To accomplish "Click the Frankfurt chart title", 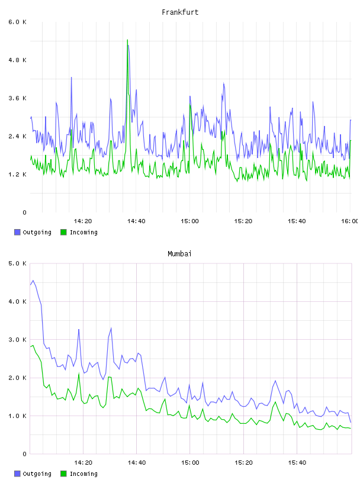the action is click(180, 12).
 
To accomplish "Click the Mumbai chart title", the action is click(179, 254).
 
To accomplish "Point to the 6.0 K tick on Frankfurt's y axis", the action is click(17, 22).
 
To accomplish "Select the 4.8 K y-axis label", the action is click(17, 60).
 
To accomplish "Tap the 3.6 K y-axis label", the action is click(17, 98).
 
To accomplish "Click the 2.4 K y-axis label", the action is click(17, 137).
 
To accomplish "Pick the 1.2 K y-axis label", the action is click(17, 175).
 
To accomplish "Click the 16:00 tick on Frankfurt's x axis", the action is click(350, 221).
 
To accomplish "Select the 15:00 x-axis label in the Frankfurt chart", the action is click(190, 221).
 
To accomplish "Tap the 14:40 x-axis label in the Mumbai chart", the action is click(137, 463).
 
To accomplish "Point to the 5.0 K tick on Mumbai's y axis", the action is click(17, 263).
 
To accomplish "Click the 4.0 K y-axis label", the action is click(17, 301).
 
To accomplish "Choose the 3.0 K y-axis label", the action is click(17, 340).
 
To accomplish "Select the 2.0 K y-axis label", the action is click(17, 378).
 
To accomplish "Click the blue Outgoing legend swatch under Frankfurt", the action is click(17, 232).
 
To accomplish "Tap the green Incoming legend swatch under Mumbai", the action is click(63, 474).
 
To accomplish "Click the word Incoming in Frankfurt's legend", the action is click(83, 233).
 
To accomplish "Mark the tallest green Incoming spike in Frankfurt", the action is click(127, 40).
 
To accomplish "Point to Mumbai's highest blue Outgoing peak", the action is click(33, 281).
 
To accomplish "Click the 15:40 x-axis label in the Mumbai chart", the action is click(297, 463).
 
